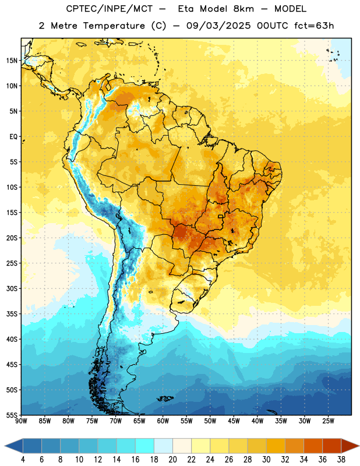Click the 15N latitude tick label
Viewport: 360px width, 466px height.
tap(12, 61)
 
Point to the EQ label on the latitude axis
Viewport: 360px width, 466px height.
tap(13, 136)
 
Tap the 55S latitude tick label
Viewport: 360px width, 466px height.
tap(12, 415)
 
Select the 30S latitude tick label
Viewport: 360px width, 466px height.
tap(12, 288)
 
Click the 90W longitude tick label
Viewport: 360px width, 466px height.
tap(22, 421)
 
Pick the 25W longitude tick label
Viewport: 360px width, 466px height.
tap(328, 421)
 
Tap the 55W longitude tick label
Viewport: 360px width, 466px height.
tap(186, 421)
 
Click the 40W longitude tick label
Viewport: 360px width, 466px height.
tap(257, 421)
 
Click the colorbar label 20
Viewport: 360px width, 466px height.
tap(172, 460)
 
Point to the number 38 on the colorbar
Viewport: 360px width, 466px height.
tap(341, 460)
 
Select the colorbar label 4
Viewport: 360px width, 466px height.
tap(23, 460)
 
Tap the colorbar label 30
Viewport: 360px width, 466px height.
tap(266, 460)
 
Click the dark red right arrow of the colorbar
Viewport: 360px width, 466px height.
tap(350, 446)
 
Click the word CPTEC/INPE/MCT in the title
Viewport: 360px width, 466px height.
tap(110, 9)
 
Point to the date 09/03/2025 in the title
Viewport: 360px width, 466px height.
tap(218, 26)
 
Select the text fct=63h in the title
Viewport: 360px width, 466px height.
tap(314, 26)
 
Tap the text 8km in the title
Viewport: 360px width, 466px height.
tap(243, 9)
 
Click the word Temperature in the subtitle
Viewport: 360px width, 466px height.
tap(114, 26)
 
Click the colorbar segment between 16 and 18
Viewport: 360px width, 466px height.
tap(145, 446)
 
